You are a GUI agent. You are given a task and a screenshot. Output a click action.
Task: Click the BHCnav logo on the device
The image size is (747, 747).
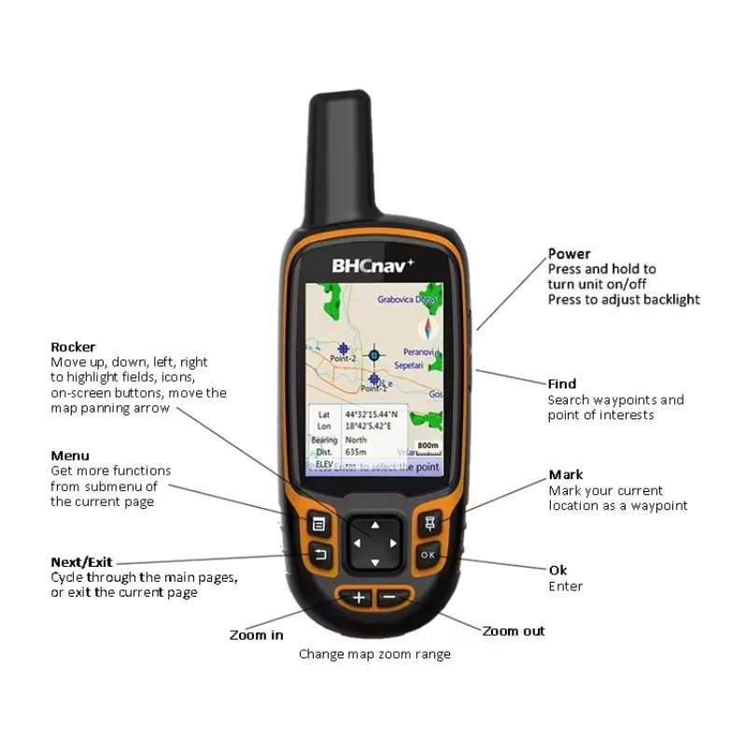coord(373,264)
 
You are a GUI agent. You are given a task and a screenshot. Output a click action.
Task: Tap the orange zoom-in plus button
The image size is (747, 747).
coord(359,598)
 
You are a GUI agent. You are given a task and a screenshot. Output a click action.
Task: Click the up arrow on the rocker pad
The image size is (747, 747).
coord(374,524)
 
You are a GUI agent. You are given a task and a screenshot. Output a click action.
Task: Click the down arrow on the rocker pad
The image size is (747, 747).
coord(374,562)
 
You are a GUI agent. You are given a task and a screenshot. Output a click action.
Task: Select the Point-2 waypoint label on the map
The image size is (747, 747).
coord(343,359)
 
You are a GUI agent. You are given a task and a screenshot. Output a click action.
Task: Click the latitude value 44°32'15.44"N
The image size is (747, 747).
coord(371,414)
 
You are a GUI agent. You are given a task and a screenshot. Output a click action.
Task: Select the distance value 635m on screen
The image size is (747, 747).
coord(356,451)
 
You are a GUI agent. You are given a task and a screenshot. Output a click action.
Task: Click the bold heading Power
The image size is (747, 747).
coord(569,254)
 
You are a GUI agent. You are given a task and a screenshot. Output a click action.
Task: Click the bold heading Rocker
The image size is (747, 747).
coord(73,346)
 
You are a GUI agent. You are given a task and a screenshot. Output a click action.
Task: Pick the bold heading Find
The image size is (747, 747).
coord(561,384)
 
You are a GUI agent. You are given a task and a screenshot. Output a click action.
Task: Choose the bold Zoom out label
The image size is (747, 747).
coord(513,631)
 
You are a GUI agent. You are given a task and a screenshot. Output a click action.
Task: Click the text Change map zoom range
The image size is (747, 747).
coord(374,655)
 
